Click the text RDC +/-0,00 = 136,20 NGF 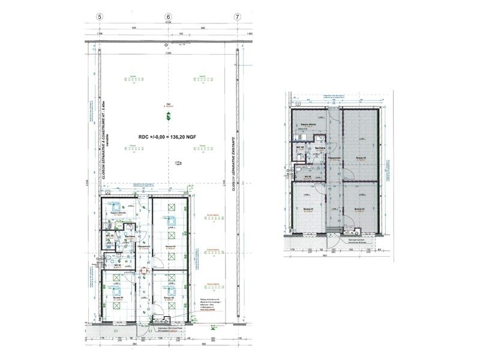pos(168,136)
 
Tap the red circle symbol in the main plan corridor pos(143,271)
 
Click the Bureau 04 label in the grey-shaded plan pos(360,158)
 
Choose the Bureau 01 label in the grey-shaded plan pos(309,209)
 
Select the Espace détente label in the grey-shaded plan pos(308,126)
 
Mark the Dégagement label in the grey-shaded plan pos(334,158)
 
